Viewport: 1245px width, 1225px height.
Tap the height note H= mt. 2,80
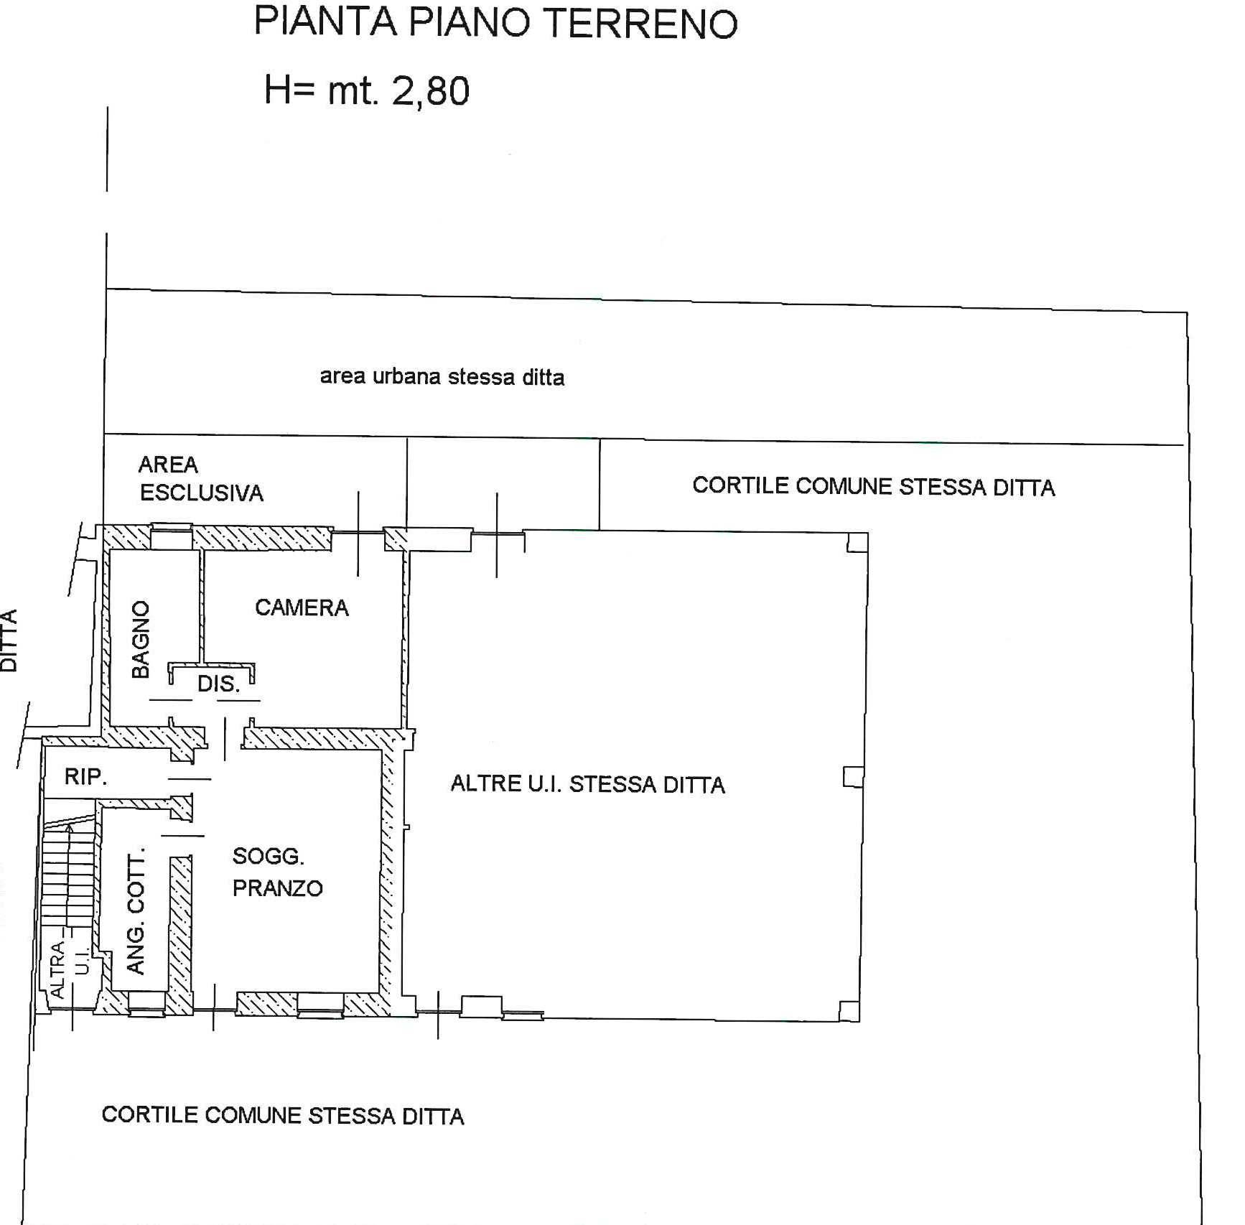(x=366, y=91)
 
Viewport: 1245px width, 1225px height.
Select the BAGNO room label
(x=141, y=639)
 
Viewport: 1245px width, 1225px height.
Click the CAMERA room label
(x=302, y=608)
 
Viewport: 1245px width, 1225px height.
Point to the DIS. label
(x=218, y=684)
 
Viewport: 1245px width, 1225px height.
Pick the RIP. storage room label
(x=85, y=776)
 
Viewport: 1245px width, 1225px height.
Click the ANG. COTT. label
(x=135, y=910)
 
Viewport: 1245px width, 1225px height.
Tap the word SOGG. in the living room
(x=268, y=856)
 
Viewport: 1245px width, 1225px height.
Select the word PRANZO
(x=278, y=888)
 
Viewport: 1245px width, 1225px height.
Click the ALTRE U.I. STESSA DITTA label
(x=587, y=783)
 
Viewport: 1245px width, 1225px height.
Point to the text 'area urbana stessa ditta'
(x=442, y=377)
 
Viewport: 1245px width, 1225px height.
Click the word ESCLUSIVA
(x=202, y=493)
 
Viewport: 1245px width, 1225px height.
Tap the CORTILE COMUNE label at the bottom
(x=283, y=1115)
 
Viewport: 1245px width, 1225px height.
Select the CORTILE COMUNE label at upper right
(x=873, y=487)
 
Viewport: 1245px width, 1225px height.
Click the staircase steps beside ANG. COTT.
(x=68, y=883)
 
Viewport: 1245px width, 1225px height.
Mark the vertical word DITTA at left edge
(x=9, y=640)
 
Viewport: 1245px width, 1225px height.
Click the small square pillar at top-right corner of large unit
(x=857, y=542)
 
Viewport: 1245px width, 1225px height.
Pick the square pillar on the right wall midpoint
(x=852, y=776)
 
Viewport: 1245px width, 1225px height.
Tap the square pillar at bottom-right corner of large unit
(x=849, y=1011)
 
